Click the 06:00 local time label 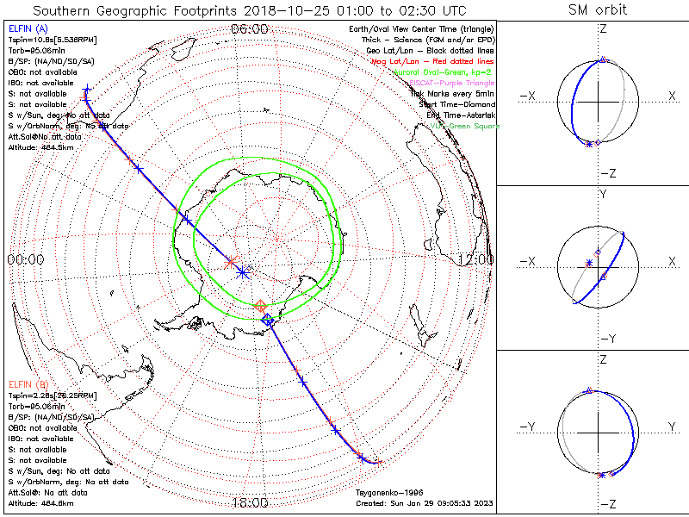[250, 28]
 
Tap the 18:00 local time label [250, 503]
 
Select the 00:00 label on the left [26, 258]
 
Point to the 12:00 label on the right [476, 258]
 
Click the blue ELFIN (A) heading [28, 29]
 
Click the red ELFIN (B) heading [28, 383]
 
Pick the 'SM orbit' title [598, 9]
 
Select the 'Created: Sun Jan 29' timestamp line [424, 503]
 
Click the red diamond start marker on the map [260, 306]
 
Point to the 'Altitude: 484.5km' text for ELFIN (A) [41, 147]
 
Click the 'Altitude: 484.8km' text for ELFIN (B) [41, 502]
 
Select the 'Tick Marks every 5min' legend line [454, 93]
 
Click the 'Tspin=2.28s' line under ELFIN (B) [47, 395]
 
